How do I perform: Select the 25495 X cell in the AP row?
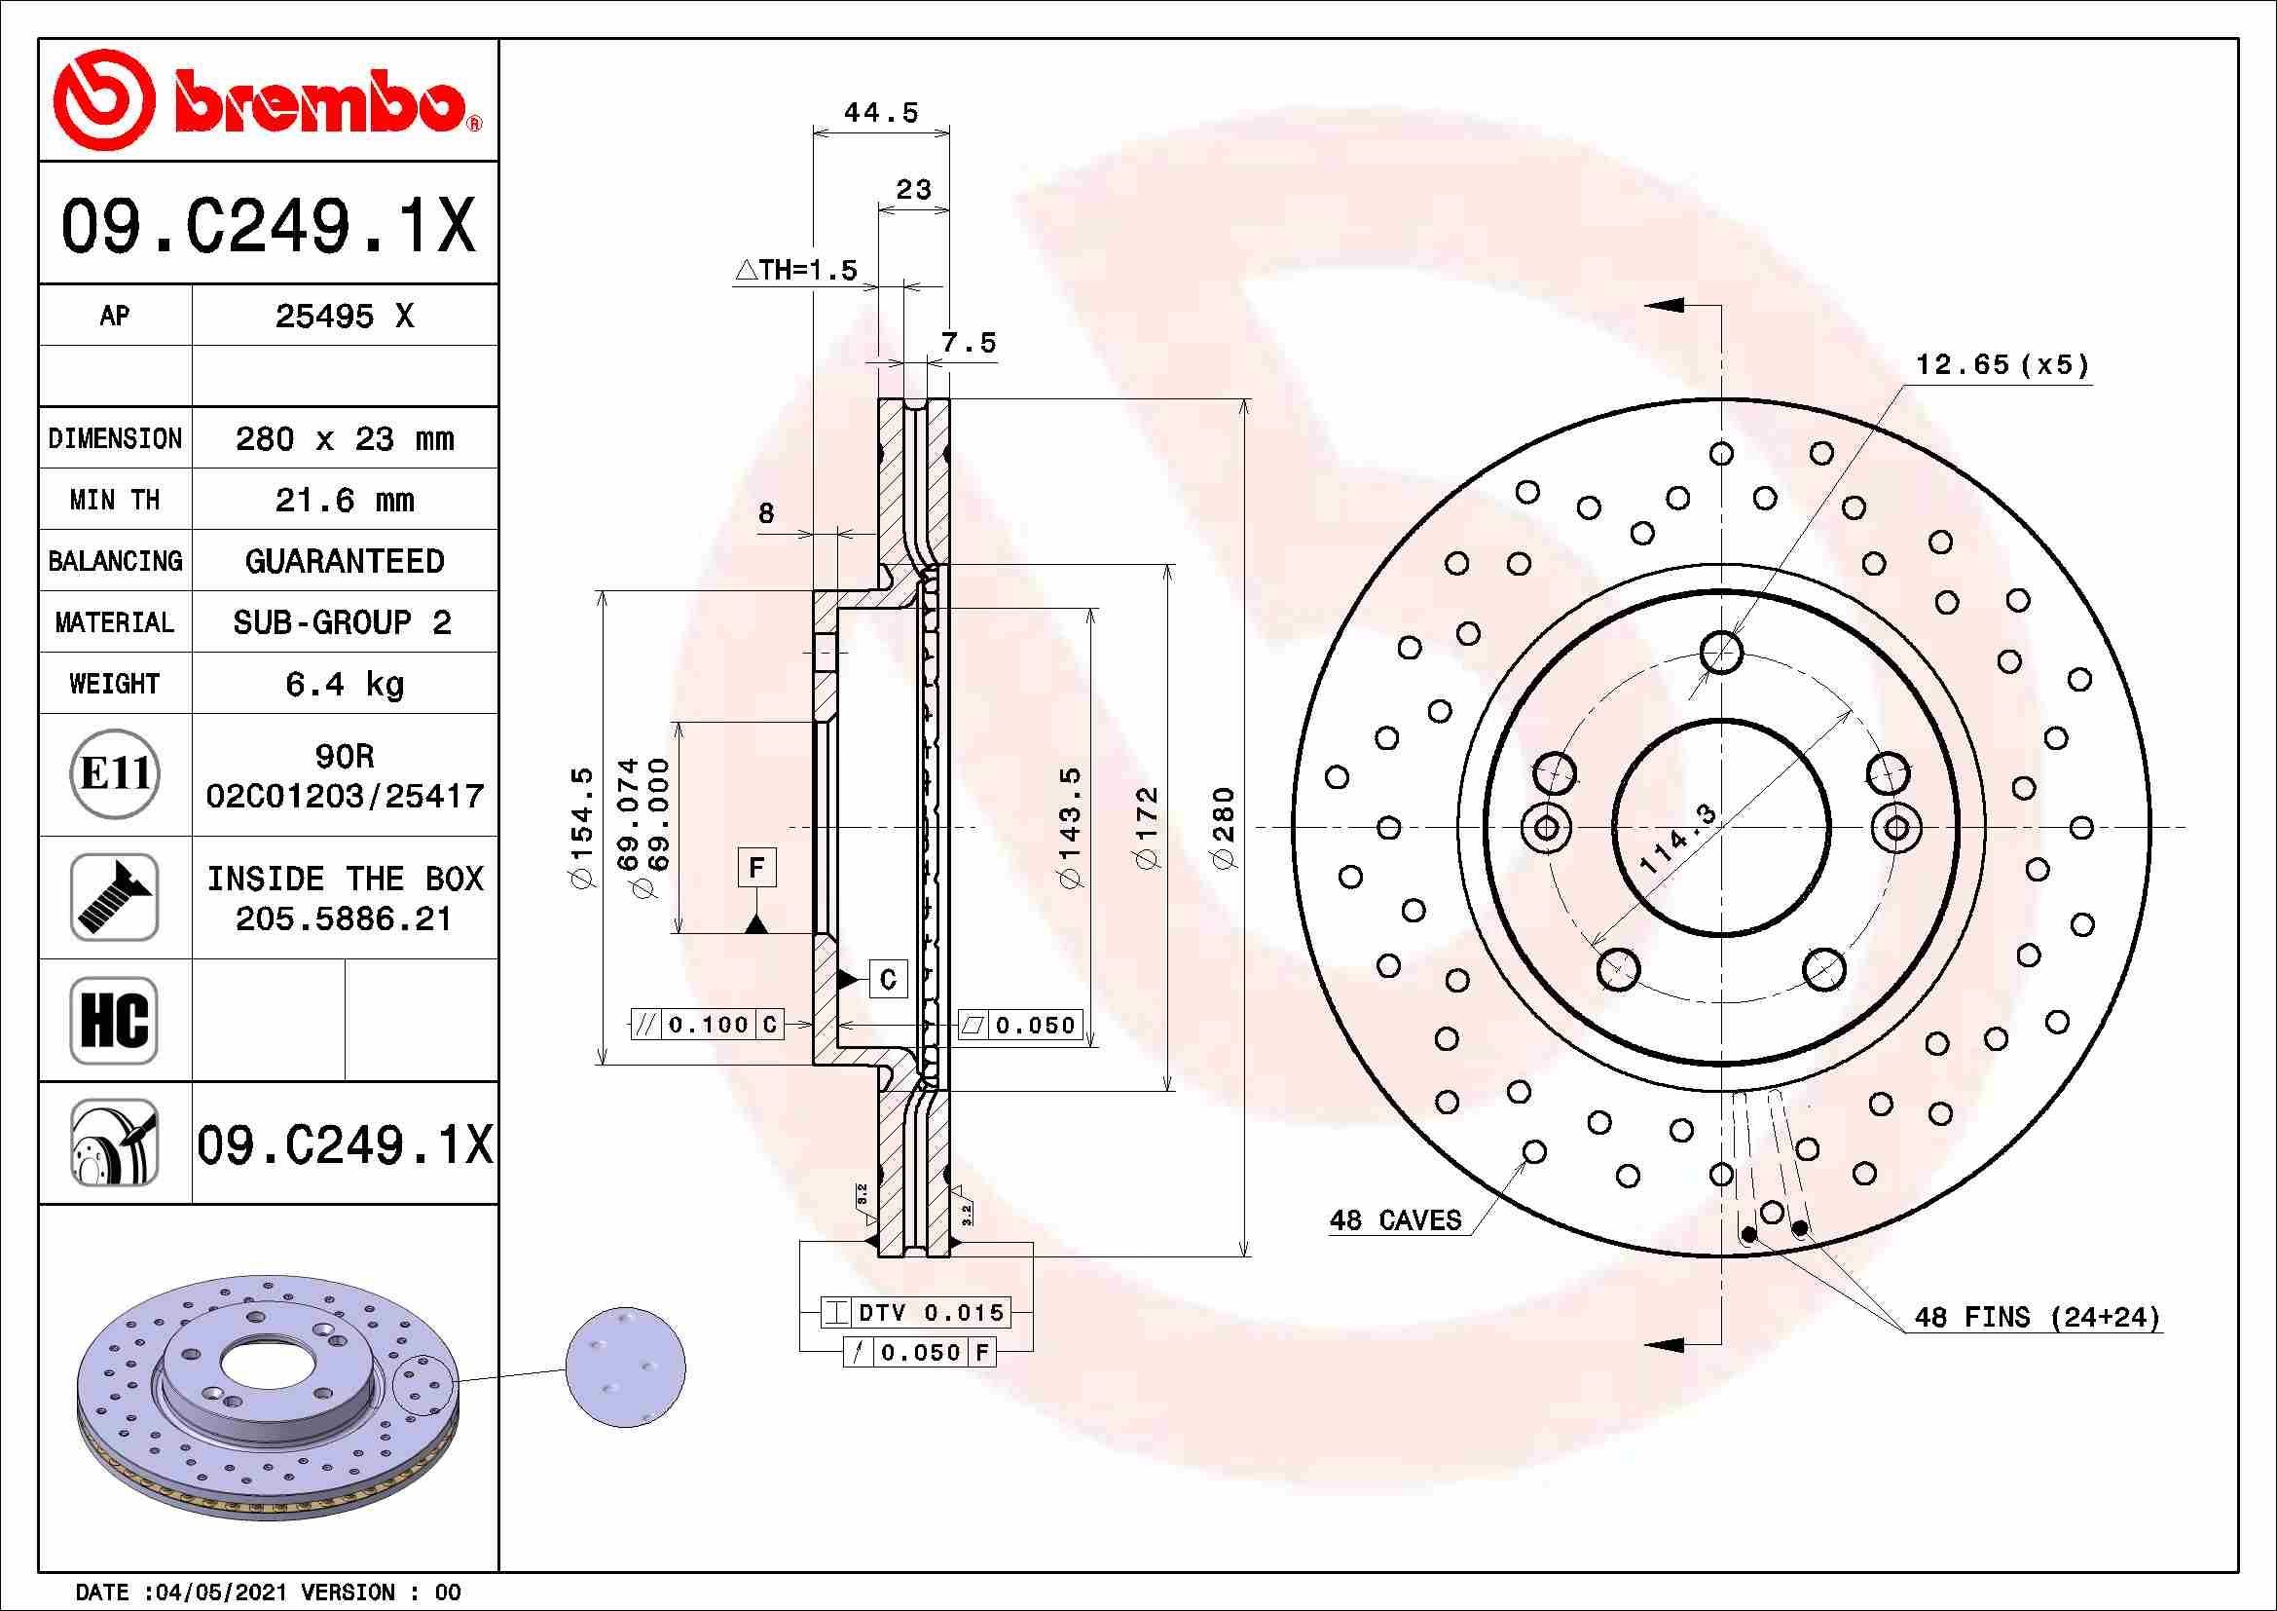(x=344, y=317)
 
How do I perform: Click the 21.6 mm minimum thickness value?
(x=344, y=500)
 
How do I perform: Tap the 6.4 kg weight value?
(x=344, y=684)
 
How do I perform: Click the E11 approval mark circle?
(x=115, y=774)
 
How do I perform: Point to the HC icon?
(x=115, y=1020)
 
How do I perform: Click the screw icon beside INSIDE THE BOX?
(x=115, y=897)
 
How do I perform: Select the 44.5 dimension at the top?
(x=881, y=113)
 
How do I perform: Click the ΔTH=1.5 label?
(x=796, y=270)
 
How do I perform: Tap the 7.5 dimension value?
(x=968, y=343)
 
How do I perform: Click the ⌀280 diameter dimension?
(x=1225, y=827)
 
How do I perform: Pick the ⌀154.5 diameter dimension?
(x=582, y=827)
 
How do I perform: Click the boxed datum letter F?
(x=756, y=868)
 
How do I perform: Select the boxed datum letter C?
(x=888, y=979)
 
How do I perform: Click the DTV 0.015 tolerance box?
(x=916, y=1312)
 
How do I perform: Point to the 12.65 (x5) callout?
(x=2002, y=365)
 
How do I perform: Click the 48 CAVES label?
(x=1395, y=1220)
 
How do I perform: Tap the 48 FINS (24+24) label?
(x=2036, y=1318)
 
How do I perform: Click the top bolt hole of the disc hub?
(x=1722, y=652)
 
